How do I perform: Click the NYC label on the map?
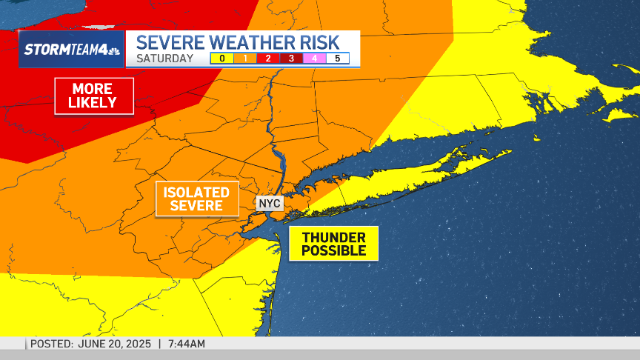270,203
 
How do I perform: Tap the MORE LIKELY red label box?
94,96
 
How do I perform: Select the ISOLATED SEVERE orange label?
197,199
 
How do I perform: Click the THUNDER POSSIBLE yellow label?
333,244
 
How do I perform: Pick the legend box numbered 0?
221,59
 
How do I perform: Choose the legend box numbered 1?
244,59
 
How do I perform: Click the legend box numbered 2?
268,59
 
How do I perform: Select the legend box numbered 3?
291,59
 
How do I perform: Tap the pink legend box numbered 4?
314,59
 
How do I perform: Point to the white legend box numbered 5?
338,59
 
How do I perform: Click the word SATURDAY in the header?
165,59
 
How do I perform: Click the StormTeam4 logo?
72,50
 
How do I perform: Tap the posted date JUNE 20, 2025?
114,344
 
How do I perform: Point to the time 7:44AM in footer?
187,344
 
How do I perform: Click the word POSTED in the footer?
50,344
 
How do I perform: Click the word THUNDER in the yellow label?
333,237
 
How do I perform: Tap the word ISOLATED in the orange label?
197,192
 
